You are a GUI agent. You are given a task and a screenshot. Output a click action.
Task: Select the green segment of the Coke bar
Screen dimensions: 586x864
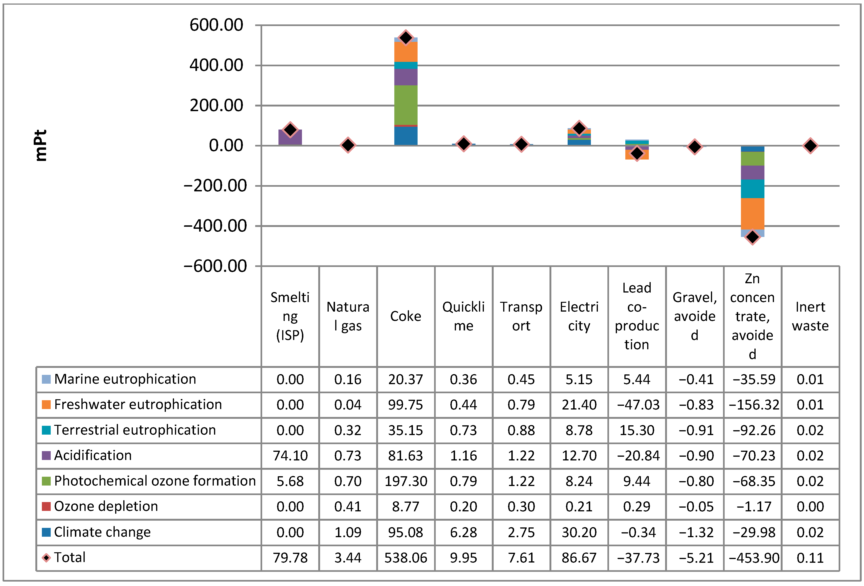[406, 105]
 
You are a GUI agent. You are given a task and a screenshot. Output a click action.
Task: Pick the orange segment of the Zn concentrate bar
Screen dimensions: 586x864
[753, 214]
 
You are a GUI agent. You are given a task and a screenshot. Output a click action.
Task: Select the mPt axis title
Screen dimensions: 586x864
[40, 145]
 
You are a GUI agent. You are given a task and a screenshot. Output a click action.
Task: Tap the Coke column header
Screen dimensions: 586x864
[406, 316]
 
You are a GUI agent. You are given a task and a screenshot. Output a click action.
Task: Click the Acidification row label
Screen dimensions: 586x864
[93, 455]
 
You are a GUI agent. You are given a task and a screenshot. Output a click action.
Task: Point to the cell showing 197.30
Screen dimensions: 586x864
[406, 481]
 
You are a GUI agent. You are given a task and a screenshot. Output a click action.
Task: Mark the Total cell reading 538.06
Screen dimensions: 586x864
[406, 558]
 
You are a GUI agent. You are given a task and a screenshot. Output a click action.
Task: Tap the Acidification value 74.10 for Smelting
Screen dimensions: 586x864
[290, 456]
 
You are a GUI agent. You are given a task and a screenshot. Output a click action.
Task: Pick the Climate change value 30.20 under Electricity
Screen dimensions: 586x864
[579, 532]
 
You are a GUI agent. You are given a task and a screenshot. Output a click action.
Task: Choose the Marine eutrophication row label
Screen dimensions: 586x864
[125, 379]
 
